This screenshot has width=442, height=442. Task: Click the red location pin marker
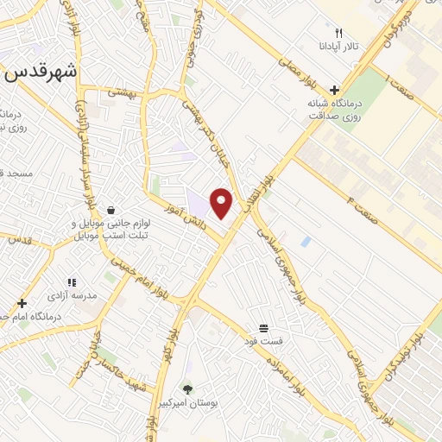point(222,203)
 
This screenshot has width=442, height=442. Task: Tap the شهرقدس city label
point(41,73)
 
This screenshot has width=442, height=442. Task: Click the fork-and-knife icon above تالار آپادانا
point(338,32)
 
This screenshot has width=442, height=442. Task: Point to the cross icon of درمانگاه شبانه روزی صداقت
point(334,90)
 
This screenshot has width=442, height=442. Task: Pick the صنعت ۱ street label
point(401,86)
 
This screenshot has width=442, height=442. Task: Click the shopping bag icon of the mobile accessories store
point(110,210)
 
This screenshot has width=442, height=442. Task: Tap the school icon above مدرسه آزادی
point(72,282)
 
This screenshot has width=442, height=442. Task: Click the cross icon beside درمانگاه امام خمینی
point(22,303)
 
